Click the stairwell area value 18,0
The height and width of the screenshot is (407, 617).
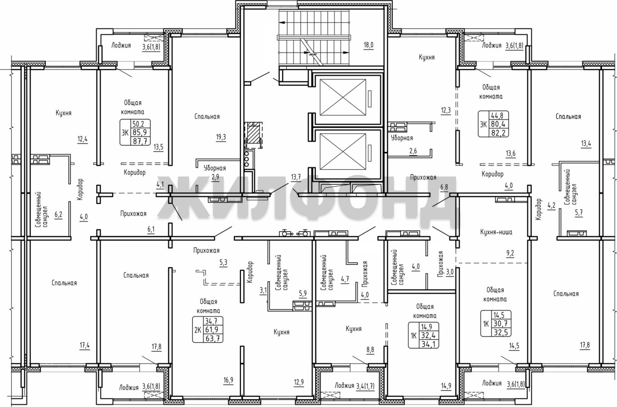[x=368, y=45]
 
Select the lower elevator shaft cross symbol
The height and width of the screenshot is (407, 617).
[x=343, y=151]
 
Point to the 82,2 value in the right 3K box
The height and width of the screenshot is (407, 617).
[x=498, y=133]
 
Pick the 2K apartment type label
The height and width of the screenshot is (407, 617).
[x=198, y=329]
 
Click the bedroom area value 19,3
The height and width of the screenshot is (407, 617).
[x=221, y=137]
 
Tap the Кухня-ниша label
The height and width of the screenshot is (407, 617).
[x=496, y=232]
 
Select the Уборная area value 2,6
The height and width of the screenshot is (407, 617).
[x=413, y=151]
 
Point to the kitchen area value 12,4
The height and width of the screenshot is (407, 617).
[x=82, y=139]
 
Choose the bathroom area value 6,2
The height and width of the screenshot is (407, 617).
[x=58, y=215]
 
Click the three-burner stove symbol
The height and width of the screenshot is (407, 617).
[x=247, y=159]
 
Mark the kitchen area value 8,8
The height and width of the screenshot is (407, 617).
[x=370, y=350]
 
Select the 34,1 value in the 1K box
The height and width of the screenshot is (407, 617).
[x=429, y=344]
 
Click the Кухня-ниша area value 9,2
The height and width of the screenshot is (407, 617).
[x=510, y=253]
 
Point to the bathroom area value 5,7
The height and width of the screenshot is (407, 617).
[x=579, y=213]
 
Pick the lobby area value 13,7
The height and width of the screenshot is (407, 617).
[x=296, y=177]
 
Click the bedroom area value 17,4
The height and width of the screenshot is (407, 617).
[x=84, y=345]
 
